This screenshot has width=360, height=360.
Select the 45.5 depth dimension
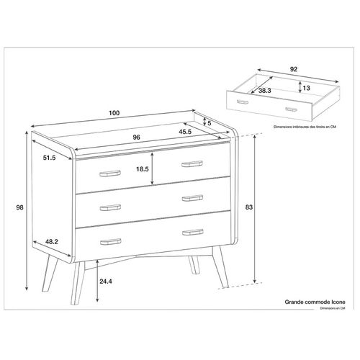pyautogui.click(x=185, y=132)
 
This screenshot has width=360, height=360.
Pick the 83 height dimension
pyautogui.click(x=269, y=207)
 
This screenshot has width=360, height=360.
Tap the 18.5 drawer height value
pyautogui.click(x=143, y=169)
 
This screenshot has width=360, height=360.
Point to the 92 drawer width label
pyautogui.click(x=293, y=71)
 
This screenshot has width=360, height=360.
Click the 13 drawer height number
pyautogui.click(x=307, y=87)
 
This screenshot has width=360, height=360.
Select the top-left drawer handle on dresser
pyautogui.click(x=111, y=173)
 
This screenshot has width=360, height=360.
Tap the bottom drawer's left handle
pyautogui.click(x=110, y=241)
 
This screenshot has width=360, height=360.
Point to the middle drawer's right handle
pyautogui.click(x=192, y=197)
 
